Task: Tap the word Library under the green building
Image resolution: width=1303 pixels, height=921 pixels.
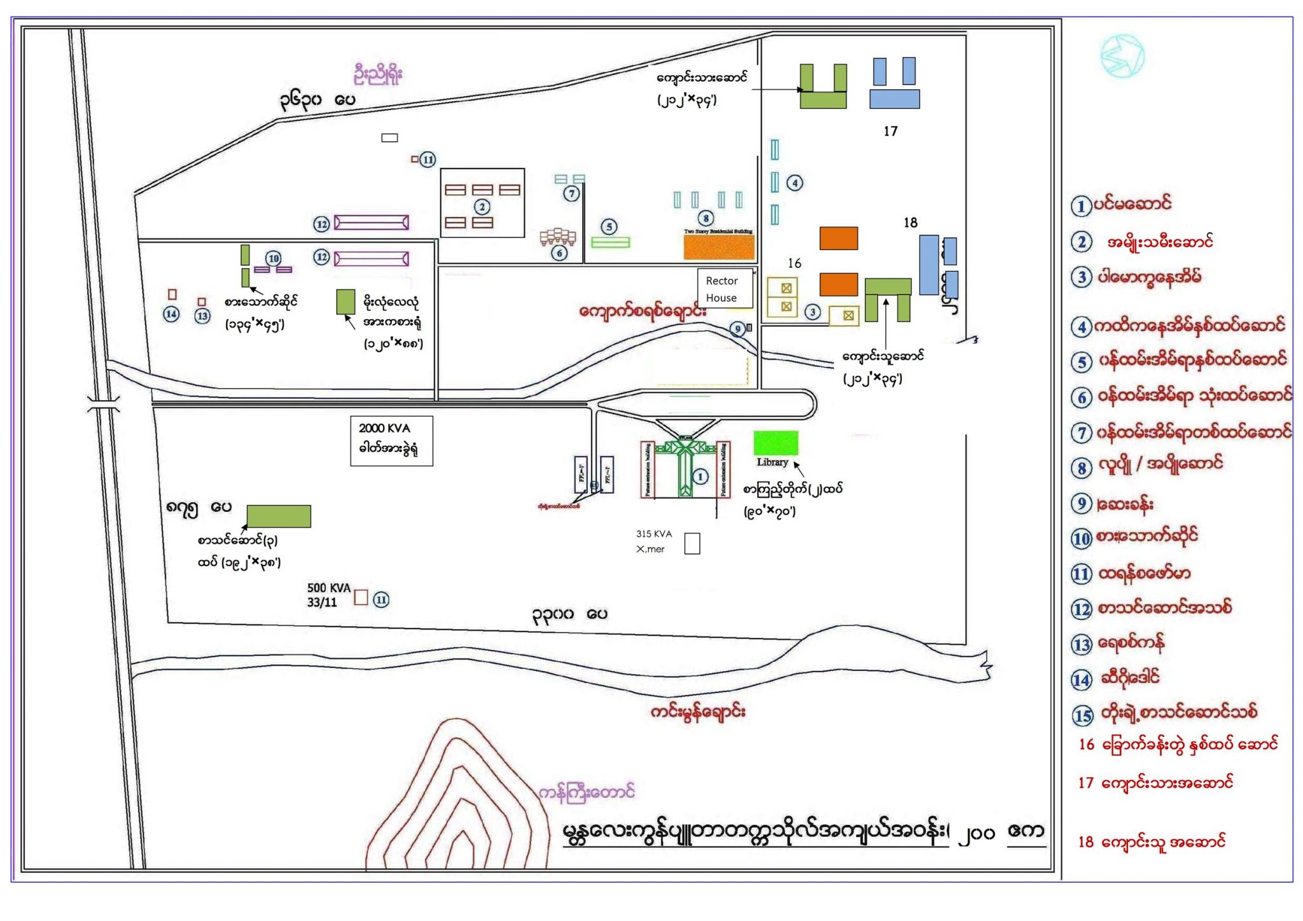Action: pyautogui.click(x=772, y=462)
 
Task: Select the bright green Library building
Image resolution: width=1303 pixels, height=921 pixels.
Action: pyautogui.click(x=776, y=443)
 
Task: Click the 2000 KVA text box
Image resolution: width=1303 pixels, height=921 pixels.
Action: pyautogui.click(x=391, y=440)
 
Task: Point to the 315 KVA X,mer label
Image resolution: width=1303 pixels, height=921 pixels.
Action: pyautogui.click(x=653, y=541)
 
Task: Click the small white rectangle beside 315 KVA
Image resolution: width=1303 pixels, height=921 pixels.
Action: pyautogui.click(x=692, y=544)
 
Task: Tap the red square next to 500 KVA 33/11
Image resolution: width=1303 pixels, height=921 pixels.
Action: pyautogui.click(x=361, y=597)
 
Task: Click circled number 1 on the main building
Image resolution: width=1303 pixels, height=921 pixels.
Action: pyautogui.click(x=700, y=476)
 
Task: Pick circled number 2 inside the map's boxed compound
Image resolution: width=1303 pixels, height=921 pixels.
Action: pyautogui.click(x=482, y=207)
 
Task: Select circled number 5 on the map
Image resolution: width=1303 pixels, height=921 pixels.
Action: pyautogui.click(x=609, y=226)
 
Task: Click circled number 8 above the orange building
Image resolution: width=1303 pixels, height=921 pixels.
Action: pyautogui.click(x=706, y=218)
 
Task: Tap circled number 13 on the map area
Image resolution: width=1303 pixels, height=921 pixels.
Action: pyautogui.click(x=202, y=315)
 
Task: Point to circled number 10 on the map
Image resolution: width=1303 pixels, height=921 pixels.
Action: pyautogui.click(x=274, y=258)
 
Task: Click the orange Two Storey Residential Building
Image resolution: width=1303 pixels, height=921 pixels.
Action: pyautogui.click(x=719, y=247)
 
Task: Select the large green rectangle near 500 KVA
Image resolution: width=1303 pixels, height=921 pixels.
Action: pyautogui.click(x=279, y=516)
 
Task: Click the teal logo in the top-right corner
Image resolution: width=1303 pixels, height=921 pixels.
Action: pyautogui.click(x=1122, y=57)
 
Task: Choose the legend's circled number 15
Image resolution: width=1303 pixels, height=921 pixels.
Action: pyautogui.click(x=1082, y=716)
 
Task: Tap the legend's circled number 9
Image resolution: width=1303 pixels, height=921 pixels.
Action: pyautogui.click(x=1082, y=504)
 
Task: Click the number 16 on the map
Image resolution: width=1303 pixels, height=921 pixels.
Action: pyautogui.click(x=794, y=263)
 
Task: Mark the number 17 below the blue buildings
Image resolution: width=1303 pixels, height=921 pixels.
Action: pyautogui.click(x=890, y=131)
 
